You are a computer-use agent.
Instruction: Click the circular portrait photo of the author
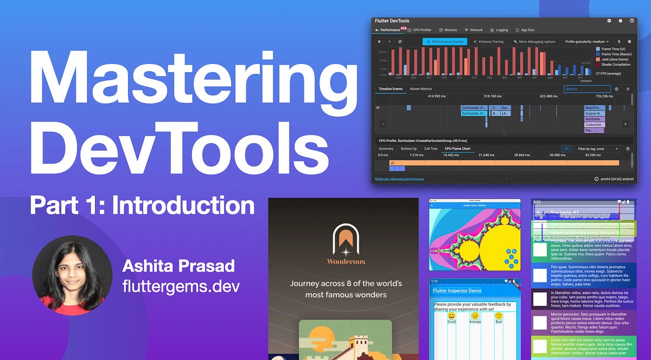coord(68,275)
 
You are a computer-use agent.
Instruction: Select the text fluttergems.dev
coord(181,285)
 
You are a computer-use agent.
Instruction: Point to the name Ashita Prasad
coord(178,266)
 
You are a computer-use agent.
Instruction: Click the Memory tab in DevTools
coord(448,30)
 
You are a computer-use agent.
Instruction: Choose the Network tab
coord(474,30)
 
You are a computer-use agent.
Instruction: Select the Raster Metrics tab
coord(421,89)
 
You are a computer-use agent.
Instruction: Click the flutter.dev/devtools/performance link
coord(399,178)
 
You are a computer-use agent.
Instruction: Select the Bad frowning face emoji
coord(499,316)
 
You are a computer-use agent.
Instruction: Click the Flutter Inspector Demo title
coord(457,291)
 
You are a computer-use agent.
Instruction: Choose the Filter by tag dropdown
coord(598,149)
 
